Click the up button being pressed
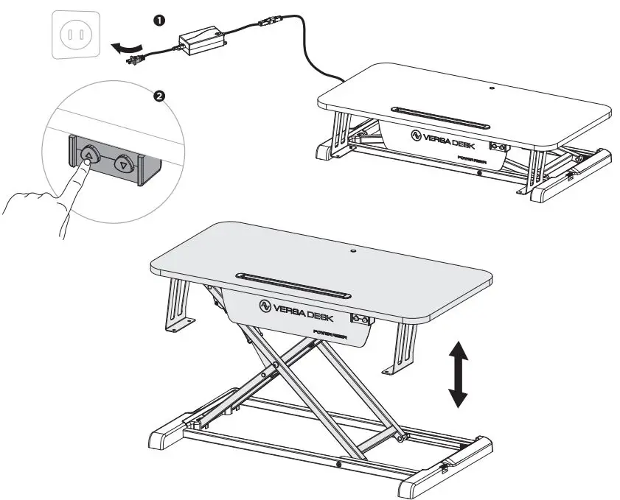click(x=89, y=155)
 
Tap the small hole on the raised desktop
click(x=352, y=252)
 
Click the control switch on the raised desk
click(x=361, y=319)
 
